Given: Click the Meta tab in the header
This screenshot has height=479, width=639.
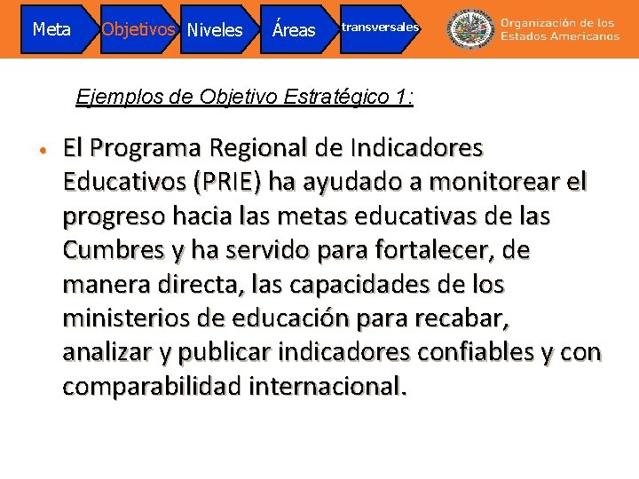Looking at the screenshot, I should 51,29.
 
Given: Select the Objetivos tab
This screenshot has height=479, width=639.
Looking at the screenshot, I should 137,28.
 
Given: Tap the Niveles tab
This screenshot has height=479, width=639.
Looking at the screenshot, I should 214,30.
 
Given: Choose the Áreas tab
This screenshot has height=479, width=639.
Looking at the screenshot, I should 294,30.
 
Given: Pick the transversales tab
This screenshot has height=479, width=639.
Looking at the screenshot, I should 379,27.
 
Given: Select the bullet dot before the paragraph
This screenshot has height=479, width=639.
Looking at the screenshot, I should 42,147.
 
